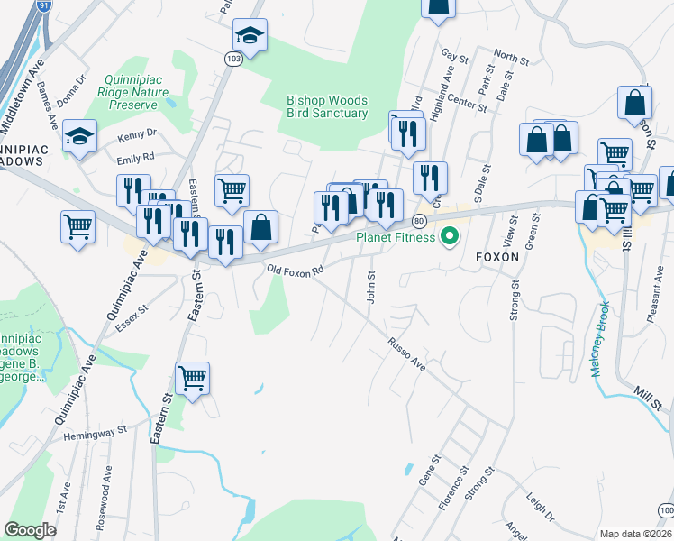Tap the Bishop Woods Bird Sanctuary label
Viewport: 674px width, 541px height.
327,107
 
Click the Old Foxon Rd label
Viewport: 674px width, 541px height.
294,270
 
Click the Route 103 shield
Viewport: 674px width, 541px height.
233,58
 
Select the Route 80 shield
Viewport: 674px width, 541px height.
419,221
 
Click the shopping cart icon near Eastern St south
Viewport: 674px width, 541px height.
193,377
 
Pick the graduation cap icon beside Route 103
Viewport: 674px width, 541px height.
250,36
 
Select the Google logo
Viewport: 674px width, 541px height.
30,530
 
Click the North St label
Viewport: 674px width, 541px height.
511,59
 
